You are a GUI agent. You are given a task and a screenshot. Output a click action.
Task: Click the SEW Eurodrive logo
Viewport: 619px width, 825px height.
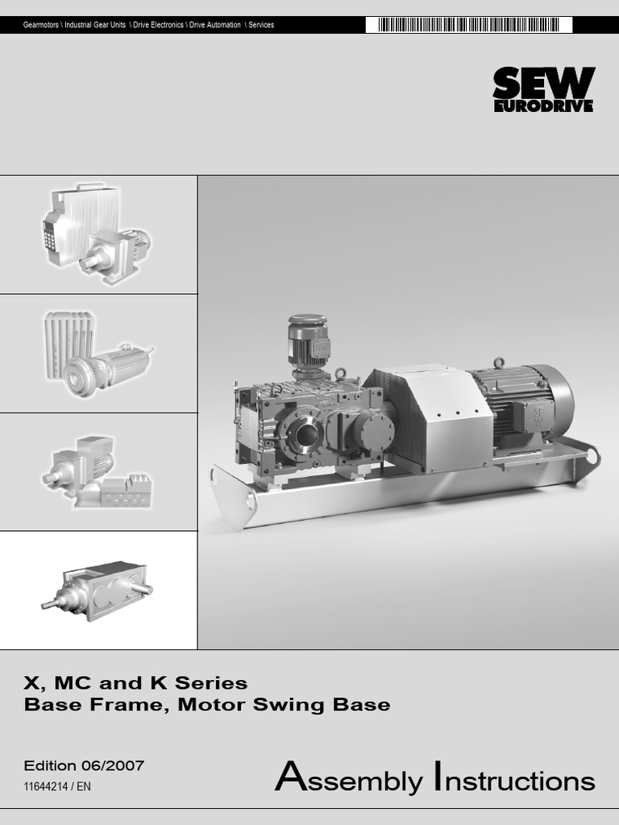point(544,89)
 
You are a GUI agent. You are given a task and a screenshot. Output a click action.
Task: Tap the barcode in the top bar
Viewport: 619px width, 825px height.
point(469,25)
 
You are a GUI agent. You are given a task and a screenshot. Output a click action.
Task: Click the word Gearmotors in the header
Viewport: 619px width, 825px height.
point(40,25)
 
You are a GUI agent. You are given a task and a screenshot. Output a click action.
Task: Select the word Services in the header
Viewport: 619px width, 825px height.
point(261,25)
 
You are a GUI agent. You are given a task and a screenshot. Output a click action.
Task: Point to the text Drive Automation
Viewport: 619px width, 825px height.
point(214,25)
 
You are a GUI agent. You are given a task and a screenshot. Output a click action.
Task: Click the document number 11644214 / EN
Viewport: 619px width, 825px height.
point(57,786)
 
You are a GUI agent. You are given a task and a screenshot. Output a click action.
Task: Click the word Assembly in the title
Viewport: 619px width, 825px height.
point(348,777)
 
